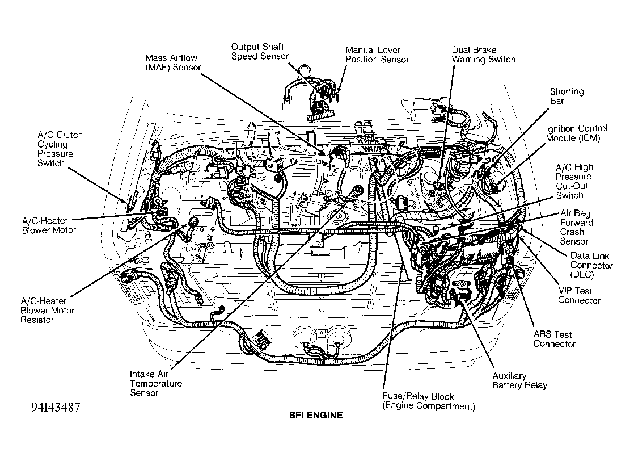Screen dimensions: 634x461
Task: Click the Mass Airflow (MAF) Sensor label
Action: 173,63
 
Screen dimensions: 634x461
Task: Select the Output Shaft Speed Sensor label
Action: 260,52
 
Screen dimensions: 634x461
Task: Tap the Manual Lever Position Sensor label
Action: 377,55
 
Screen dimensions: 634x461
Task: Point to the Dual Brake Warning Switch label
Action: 484,55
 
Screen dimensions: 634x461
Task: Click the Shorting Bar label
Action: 567,96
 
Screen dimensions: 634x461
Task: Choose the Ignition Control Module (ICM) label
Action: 577,133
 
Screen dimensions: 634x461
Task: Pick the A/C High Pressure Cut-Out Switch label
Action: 574,181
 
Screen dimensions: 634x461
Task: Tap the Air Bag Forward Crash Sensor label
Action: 577,227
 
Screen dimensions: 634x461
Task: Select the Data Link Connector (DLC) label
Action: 591,265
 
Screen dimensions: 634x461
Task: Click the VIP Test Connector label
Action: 579,295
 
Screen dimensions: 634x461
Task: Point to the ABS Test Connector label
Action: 554,339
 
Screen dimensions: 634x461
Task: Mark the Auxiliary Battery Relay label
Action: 519,380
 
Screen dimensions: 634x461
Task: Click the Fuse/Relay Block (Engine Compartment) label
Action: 429,401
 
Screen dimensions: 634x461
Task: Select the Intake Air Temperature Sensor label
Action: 156,383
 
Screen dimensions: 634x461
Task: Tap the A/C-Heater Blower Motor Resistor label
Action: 47,311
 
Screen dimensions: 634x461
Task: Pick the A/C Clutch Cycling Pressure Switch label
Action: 60,149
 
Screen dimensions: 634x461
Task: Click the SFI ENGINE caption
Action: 316,415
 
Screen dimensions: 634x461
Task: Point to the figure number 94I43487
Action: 56,407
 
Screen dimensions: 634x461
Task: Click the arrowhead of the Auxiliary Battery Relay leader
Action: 462,300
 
